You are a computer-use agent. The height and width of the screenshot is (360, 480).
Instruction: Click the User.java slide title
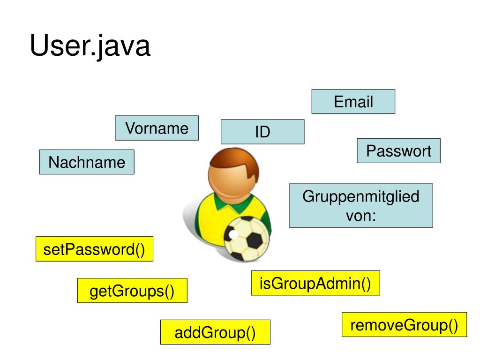(90, 46)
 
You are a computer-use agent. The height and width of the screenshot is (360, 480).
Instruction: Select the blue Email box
(353, 102)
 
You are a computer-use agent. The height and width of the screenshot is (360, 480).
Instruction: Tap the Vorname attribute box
(157, 128)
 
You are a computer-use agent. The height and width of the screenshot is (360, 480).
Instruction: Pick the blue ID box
(262, 132)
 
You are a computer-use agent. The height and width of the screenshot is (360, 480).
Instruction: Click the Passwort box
(398, 151)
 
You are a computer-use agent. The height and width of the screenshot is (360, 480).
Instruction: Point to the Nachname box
(87, 162)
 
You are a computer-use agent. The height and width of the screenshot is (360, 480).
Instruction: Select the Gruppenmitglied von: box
(360, 206)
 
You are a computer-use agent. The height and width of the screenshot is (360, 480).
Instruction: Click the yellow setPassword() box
(94, 249)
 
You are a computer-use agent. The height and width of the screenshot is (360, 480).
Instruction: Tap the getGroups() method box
(132, 291)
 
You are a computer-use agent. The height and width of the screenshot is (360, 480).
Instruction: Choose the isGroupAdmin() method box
(315, 283)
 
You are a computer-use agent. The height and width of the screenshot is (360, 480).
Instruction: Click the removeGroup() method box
(404, 324)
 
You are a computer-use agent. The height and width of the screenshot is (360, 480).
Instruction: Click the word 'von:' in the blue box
(360, 217)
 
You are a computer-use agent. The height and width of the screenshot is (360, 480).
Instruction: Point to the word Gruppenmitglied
(360, 196)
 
